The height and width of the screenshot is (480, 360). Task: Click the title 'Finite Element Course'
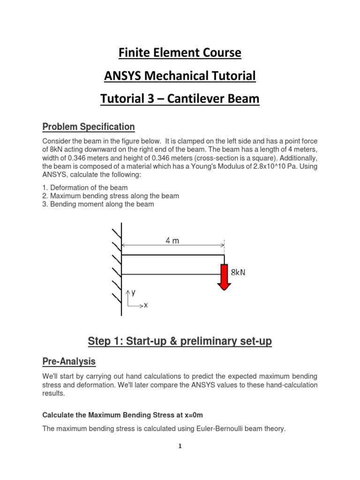point(180,53)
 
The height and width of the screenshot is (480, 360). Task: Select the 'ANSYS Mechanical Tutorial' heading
point(180,76)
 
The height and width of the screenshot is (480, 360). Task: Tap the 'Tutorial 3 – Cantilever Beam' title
point(180,99)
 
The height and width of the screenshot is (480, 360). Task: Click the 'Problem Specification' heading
point(89,127)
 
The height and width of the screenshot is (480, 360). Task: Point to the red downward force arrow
point(224,277)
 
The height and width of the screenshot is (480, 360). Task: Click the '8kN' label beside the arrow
point(238,271)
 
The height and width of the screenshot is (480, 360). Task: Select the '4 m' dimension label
point(172,241)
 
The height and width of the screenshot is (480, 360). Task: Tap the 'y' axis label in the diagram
point(134,292)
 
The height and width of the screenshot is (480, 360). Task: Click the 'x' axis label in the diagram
point(146,305)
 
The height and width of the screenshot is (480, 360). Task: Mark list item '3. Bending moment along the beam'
point(98,204)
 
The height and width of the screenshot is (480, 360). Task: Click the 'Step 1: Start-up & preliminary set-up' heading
point(180,342)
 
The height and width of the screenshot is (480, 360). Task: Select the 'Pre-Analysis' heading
point(69,361)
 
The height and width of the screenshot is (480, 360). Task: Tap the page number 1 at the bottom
point(180,446)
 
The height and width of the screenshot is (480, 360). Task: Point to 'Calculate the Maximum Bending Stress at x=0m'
point(123,415)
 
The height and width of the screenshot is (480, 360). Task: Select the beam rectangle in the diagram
point(172,265)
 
